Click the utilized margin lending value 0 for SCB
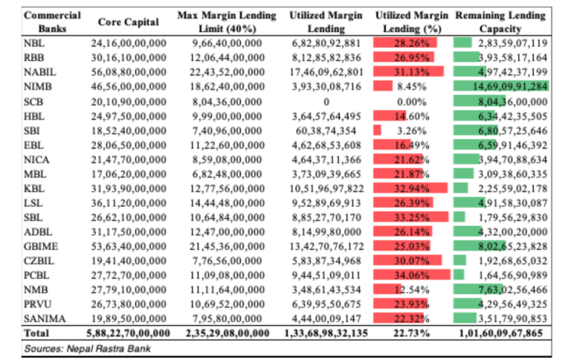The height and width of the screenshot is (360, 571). point(326,100)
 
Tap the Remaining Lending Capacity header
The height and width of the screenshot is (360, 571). point(500,22)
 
